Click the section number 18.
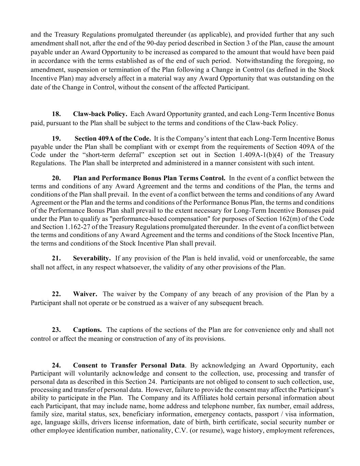(56, 114)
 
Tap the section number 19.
(56, 139)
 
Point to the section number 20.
(56, 178)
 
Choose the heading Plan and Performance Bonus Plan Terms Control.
(149, 178)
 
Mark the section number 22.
(56, 294)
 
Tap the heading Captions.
(87, 330)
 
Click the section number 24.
(56, 366)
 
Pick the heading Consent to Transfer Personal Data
(129, 366)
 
